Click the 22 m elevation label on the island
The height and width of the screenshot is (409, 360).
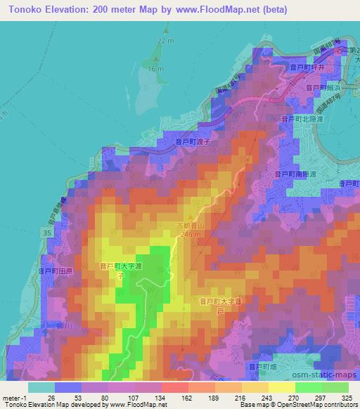click(165, 41)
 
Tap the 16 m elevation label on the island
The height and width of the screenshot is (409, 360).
click(155, 69)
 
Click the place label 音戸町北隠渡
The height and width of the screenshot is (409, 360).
click(302, 120)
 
